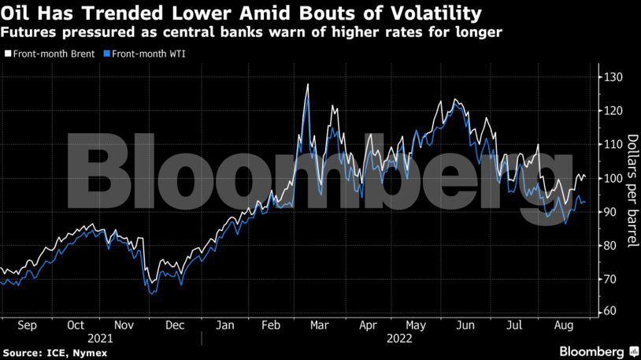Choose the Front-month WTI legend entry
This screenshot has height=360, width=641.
point(150,54)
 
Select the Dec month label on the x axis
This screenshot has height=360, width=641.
point(175,325)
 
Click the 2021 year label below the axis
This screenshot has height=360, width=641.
point(101,338)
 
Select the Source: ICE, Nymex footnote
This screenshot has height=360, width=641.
point(54,353)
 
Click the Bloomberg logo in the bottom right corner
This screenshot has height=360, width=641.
point(591,351)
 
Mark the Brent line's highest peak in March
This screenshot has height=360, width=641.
point(307,84)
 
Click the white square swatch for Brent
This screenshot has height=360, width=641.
point(6,54)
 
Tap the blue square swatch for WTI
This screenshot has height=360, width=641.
point(108,54)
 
